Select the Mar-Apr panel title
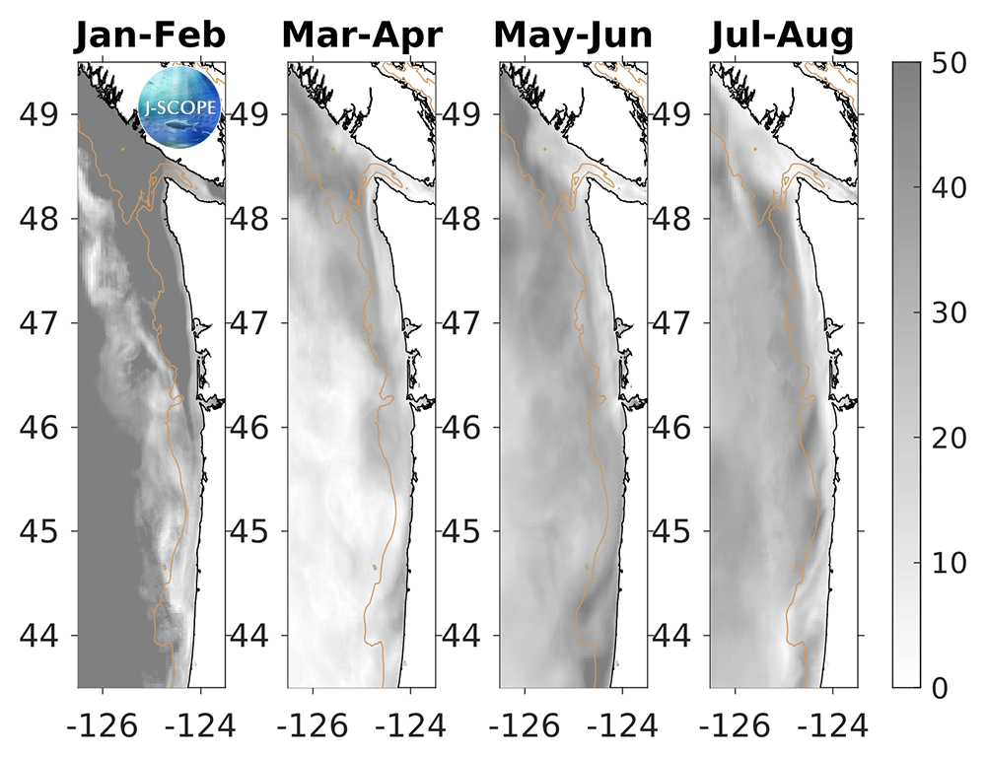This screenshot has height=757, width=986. (x=362, y=35)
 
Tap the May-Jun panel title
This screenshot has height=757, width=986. (x=573, y=35)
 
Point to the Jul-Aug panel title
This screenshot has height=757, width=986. (x=783, y=35)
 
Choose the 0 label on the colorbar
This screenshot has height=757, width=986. (x=945, y=687)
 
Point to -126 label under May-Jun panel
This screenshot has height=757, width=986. (x=518, y=727)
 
